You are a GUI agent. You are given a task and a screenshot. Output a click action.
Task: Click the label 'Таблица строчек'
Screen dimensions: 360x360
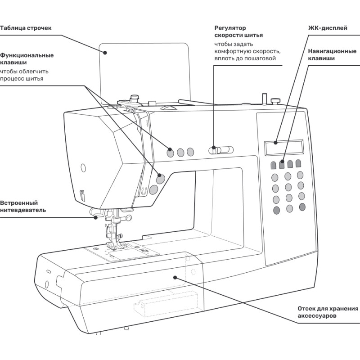pos(26,28)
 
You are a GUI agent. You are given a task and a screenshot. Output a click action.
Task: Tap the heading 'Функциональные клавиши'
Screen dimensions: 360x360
pos(27,59)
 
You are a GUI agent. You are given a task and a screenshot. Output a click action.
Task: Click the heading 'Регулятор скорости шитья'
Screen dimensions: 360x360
pos(238,31)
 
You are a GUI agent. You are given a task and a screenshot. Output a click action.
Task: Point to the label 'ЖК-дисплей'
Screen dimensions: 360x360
pos(327,28)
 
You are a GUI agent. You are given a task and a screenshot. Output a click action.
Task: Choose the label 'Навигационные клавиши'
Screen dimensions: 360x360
pos(332,55)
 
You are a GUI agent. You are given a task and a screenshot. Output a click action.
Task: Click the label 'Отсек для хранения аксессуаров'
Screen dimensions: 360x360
pos(328,312)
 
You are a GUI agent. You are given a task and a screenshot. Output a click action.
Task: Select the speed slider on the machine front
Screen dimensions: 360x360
pos(222,148)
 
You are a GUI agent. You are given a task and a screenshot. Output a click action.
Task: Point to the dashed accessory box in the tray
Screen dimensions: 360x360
pos(166,306)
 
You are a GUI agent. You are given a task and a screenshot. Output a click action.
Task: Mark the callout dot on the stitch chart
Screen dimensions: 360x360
pos(105,52)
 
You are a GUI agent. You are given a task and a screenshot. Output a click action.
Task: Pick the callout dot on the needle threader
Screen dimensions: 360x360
pos(96,217)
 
